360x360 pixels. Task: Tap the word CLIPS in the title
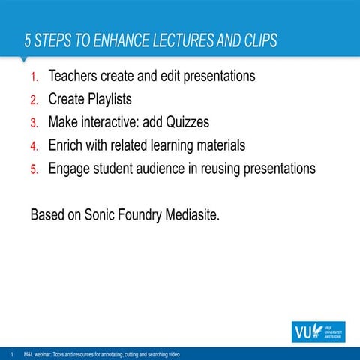pyautogui.click(x=256, y=40)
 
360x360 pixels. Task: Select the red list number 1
pyautogui.click(x=34, y=77)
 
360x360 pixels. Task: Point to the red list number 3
pyautogui.click(x=34, y=123)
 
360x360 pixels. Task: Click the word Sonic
pyautogui.click(x=102, y=215)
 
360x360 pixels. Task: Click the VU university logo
pyautogui.click(x=319, y=331)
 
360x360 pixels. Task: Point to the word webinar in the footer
pyautogui.click(x=46, y=353)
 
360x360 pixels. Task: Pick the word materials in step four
pyautogui.click(x=217, y=145)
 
